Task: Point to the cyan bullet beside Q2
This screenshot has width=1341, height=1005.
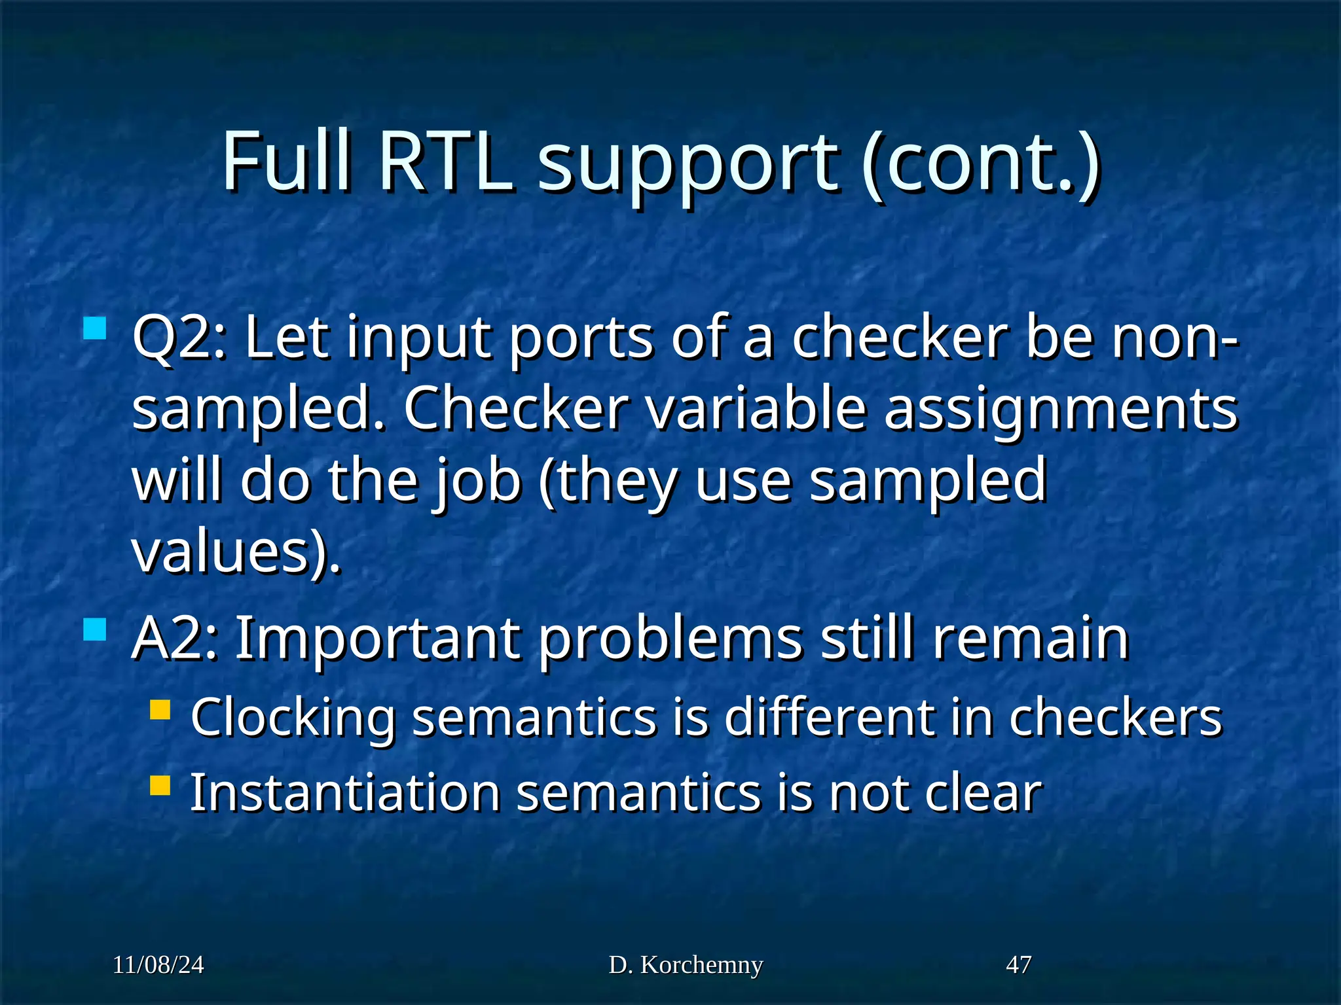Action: coord(96,328)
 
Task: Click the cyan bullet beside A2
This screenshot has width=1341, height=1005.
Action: coord(96,629)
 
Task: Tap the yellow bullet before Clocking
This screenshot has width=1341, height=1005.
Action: coord(160,710)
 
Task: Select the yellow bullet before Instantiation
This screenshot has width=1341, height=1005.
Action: coord(160,785)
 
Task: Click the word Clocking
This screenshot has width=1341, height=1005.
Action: coord(293,718)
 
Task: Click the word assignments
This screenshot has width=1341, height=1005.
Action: coord(1060,410)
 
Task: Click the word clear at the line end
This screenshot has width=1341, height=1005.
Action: coord(982,793)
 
